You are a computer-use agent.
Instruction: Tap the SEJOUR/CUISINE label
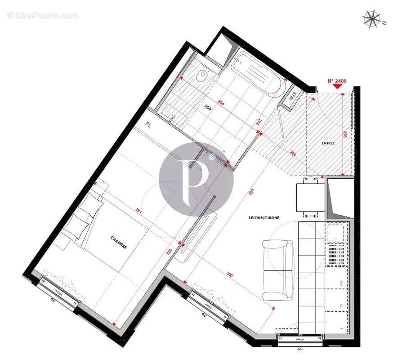264,218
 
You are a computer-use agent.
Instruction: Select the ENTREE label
328,143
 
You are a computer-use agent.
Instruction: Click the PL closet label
148,124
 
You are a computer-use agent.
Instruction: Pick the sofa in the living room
278,270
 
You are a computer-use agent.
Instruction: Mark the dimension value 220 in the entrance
345,134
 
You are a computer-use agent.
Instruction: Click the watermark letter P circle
196,173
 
